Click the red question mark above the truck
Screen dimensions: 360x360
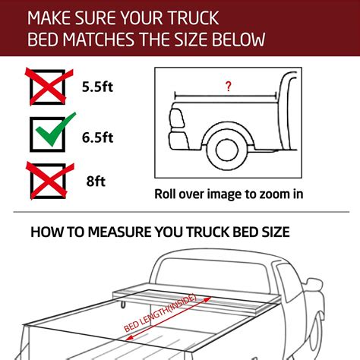[x=228, y=87]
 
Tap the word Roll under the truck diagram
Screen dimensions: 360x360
[x=169, y=194]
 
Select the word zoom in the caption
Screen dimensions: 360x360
[x=271, y=194]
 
